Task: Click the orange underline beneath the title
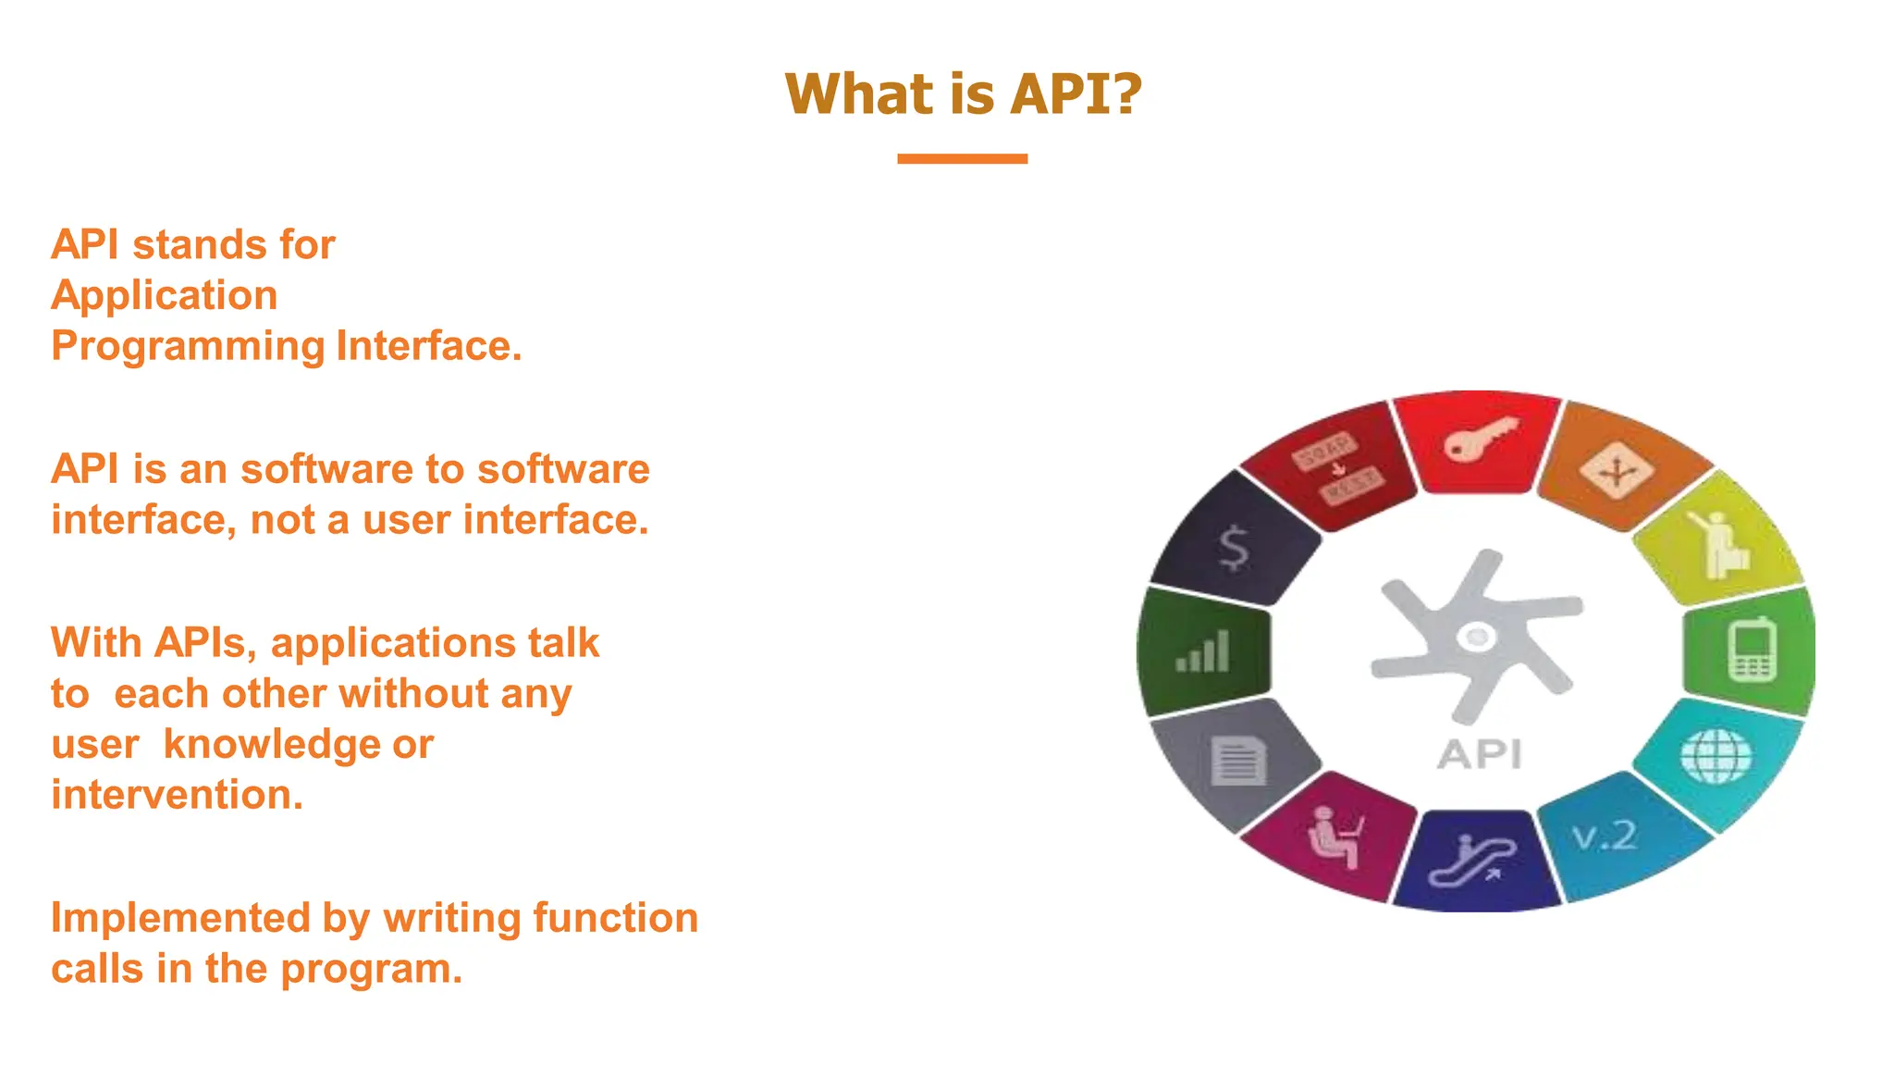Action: pyautogui.click(x=962, y=159)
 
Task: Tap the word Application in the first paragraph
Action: pyautogui.click(x=165, y=295)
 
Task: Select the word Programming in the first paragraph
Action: pyautogui.click(x=188, y=346)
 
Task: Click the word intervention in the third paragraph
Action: pyautogui.click(x=176, y=795)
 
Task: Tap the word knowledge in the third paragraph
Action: pyautogui.click(x=271, y=745)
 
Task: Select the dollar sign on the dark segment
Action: pyautogui.click(x=1234, y=548)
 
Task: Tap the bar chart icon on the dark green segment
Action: pyautogui.click(x=1202, y=651)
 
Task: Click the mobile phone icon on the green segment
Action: pyautogui.click(x=1752, y=651)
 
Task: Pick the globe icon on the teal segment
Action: pyautogui.click(x=1716, y=755)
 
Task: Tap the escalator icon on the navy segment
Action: pyautogui.click(x=1472, y=861)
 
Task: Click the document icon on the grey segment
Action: pyautogui.click(x=1237, y=762)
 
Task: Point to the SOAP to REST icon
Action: pyautogui.click(x=1337, y=467)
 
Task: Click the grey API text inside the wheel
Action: pyautogui.click(x=1479, y=755)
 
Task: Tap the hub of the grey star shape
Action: pyautogui.click(x=1476, y=637)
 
